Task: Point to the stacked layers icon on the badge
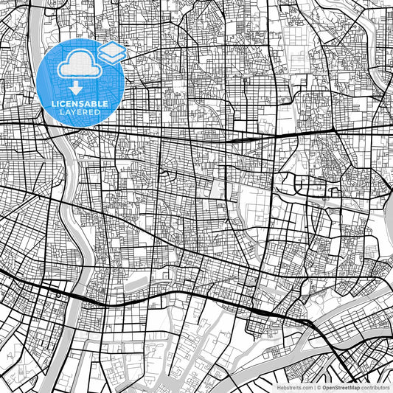click(111, 53)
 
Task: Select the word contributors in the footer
click(375, 386)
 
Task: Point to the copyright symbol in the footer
click(318, 386)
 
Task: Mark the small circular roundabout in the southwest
click(58, 293)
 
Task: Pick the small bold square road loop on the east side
click(335, 193)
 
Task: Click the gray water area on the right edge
click(388, 221)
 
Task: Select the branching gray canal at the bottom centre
click(184, 347)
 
